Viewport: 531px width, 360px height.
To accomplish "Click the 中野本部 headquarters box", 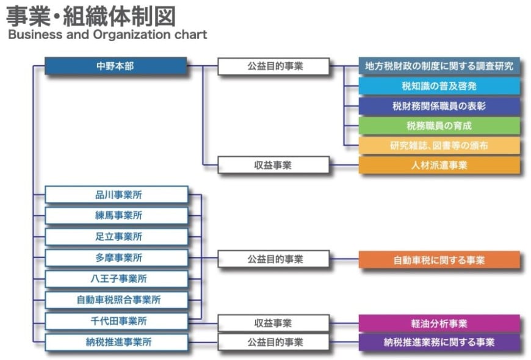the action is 116,66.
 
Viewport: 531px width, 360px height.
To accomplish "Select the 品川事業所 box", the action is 117,195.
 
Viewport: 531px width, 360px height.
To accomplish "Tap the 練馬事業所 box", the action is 117,215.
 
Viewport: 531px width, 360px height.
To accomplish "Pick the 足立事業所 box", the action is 117,236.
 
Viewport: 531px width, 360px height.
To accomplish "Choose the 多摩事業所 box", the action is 117,257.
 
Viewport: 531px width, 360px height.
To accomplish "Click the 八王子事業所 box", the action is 117,279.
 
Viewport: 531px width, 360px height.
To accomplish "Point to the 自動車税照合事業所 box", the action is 117,300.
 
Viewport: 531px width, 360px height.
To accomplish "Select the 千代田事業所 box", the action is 117,321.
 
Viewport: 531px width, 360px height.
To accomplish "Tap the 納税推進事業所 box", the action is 117,342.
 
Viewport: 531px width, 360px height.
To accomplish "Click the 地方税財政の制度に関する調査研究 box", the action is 439,66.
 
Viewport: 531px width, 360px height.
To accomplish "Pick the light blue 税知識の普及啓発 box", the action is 439,85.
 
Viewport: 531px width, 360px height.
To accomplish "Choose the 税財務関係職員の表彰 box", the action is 439,106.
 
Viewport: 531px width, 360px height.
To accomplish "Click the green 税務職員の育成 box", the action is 439,126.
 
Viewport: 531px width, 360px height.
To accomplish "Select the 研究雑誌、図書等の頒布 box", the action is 439,145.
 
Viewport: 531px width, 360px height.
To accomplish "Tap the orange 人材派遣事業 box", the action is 439,165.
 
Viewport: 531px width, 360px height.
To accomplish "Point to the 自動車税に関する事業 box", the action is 439,260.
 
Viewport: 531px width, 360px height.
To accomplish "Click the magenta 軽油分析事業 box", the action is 439,323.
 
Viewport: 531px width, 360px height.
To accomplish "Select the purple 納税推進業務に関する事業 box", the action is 439,342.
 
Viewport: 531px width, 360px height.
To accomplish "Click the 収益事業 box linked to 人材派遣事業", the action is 273,165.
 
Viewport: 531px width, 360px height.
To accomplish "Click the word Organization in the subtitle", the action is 132,35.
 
